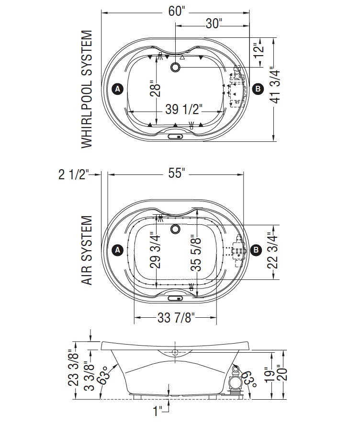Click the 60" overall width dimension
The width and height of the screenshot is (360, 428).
[177, 12]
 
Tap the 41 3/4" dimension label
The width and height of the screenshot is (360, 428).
[275, 85]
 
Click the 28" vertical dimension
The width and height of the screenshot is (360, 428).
[155, 89]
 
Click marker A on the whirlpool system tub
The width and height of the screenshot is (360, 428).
[118, 89]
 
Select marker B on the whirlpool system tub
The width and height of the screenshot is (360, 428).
[258, 89]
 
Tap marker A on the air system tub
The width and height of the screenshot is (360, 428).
[118, 250]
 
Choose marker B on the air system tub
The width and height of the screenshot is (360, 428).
[256, 250]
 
